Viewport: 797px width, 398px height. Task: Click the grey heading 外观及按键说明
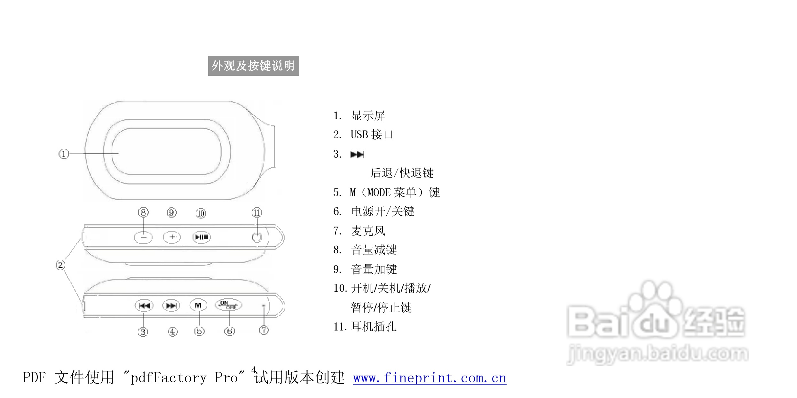pyautogui.click(x=253, y=66)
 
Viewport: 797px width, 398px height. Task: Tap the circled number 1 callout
pyautogui.click(x=64, y=154)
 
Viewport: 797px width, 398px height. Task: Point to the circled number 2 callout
pyautogui.click(x=60, y=265)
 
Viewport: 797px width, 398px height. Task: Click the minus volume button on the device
pyautogui.click(x=143, y=237)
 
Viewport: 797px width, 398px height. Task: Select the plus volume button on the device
pyautogui.click(x=172, y=237)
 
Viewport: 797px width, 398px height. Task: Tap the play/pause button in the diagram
pyautogui.click(x=201, y=237)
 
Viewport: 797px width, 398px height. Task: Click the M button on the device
pyautogui.click(x=198, y=305)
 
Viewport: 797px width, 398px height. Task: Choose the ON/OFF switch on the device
pyautogui.click(x=228, y=305)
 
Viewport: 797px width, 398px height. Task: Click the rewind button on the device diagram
pyautogui.click(x=144, y=306)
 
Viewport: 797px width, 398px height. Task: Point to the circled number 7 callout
pyautogui.click(x=264, y=330)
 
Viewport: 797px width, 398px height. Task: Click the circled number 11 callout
pyautogui.click(x=256, y=212)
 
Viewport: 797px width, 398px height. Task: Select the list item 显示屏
pyautogui.click(x=368, y=116)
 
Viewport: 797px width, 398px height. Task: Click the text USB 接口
pyautogui.click(x=372, y=135)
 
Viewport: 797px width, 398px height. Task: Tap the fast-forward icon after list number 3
pyautogui.click(x=357, y=155)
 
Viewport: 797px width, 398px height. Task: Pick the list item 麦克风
pyautogui.click(x=368, y=231)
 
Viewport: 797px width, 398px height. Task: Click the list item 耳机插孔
pyautogui.click(x=373, y=327)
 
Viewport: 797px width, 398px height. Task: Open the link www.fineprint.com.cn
pyautogui.click(x=430, y=378)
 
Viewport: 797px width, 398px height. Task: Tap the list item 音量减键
pyautogui.click(x=374, y=250)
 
